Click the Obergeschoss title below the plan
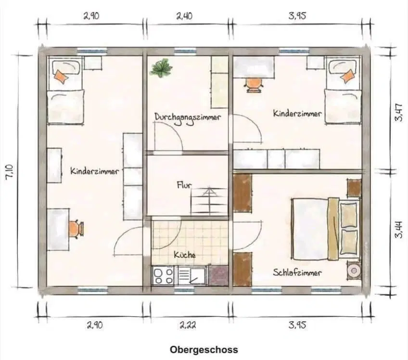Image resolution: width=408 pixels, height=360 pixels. pyautogui.click(x=204, y=349)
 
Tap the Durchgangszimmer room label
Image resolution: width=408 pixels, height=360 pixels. pyautogui.click(x=188, y=117)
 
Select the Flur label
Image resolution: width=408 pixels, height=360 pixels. pyautogui.click(x=184, y=184)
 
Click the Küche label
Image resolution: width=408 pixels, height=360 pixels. pyautogui.click(x=185, y=255)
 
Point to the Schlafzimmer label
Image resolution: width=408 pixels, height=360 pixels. pyautogui.click(x=297, y=273)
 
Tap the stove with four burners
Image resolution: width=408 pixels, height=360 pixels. pyautogui.click(x=164, y=276)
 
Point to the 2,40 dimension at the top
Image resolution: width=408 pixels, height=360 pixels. pyautogui.click(x=184, y=16)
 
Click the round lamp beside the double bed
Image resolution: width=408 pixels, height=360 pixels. pyautogui.click(x=355, y=270)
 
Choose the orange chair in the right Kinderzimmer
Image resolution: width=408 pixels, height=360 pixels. pyautogui.click(x=253, y=83)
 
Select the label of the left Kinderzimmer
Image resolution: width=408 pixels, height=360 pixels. pyautogui.click(x=94, y=171)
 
